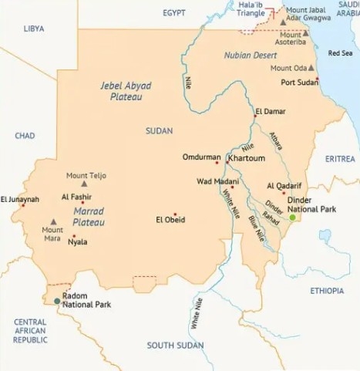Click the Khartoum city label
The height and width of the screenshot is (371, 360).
tap(247, 157)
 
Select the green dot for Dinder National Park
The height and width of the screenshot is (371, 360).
tap(293, 218)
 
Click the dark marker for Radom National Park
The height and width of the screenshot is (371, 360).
tap(56, 301)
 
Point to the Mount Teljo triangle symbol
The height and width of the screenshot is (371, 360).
tap(84, 184)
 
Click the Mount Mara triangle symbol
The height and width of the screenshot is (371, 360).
tap(52, 221)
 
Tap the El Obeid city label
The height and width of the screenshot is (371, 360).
tap(170, 220)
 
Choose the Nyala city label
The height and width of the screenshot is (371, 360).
tap(77, 242)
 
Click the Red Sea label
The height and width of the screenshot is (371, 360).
tap(340, 53)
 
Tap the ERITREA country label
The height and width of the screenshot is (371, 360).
tap(340, 158)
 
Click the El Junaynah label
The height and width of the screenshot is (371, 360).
tap(20, 198)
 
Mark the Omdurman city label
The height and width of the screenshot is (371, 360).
tap(202, 157)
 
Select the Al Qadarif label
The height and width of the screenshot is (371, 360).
tap(283, 186)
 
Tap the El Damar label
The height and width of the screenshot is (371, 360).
tap(270, 112)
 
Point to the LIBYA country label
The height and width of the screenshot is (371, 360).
tap(33, 28)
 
